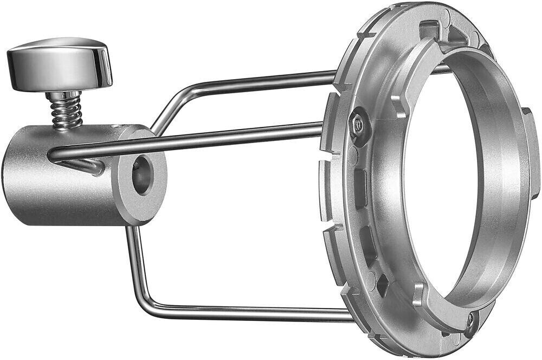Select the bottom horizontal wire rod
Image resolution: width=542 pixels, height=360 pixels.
(244, 313)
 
